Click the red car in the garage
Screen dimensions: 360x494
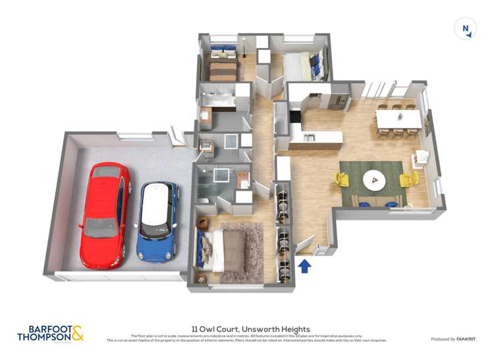click(103, 214)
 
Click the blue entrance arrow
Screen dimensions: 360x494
click(304, 265)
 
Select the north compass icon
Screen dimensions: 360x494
click(466, 29)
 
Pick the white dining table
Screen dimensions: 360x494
click(398, 118)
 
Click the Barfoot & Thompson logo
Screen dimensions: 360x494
click(51, 332)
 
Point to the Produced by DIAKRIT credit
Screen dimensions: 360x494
click(453, 339)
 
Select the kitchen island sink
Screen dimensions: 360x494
click(309, 138)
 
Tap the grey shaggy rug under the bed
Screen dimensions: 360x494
click(241, 253)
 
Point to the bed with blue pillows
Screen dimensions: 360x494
click(303, 66)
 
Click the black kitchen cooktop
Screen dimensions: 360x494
click(294, 117)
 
